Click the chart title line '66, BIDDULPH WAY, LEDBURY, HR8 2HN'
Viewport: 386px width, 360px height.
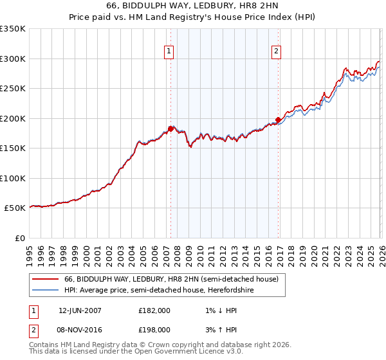point(193,5)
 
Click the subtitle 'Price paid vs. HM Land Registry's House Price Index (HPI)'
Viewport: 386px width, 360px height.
point(193,17)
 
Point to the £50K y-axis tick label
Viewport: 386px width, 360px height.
point(15,208)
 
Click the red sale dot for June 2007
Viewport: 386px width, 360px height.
point(170,129)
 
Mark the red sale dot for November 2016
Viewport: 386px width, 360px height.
point(277,119)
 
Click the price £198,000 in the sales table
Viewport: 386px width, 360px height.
point(154,329)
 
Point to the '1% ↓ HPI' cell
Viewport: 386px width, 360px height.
point(219,310)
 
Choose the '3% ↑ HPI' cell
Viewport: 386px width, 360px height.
point(219,329)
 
